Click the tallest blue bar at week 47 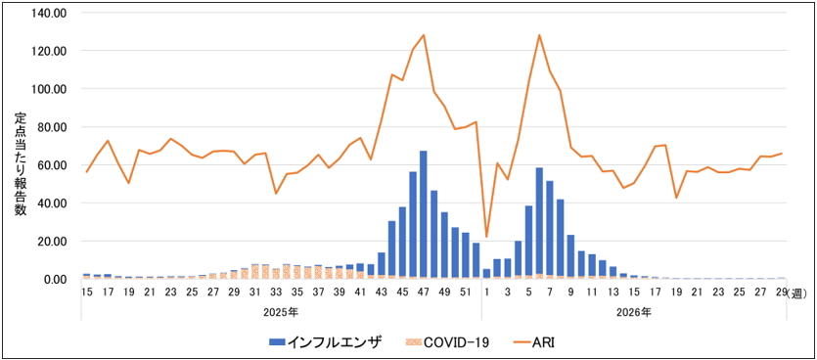point(423,213)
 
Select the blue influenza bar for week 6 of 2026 point(539,221)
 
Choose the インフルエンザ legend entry point(326,341)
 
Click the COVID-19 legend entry point(447,341)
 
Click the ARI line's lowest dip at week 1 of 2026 point(486,237)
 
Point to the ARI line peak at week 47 point(424,35)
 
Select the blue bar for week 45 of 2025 point(402,242)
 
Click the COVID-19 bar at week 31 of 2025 point(254,272)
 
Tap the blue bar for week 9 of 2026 point(571,255)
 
